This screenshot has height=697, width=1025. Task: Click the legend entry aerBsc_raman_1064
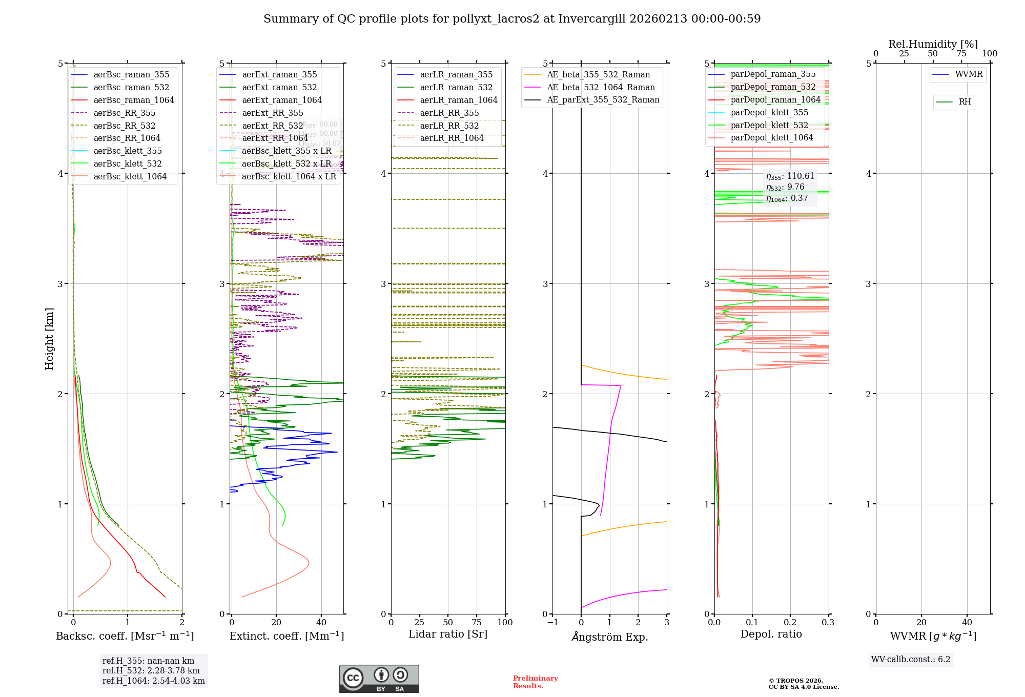pos(133,100)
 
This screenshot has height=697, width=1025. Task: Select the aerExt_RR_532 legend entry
pos(272,126)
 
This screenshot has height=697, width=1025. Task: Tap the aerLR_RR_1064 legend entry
pos(452,138)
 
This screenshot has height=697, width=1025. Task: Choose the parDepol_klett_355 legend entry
pos(769,113)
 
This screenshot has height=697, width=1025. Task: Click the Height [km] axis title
pos(49,339)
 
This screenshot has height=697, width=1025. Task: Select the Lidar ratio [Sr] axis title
pos(447,634)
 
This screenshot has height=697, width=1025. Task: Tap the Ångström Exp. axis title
pos(610,637)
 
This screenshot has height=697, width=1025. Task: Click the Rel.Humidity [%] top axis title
pos(933,44)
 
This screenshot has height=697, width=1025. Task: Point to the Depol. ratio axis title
pos(771,634)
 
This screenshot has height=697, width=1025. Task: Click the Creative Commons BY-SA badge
pos(379,679)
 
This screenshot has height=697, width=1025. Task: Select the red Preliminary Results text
pos(535,682)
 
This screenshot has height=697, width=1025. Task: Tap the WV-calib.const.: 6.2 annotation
pos(910,660)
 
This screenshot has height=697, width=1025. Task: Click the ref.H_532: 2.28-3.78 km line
pos(151,671)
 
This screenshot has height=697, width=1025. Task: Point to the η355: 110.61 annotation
pos(790,176)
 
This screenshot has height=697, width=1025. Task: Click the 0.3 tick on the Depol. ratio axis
pos(828,623)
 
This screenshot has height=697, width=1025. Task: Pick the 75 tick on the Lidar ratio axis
pos(477,623)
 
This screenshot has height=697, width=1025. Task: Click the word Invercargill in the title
pos(592,19)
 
